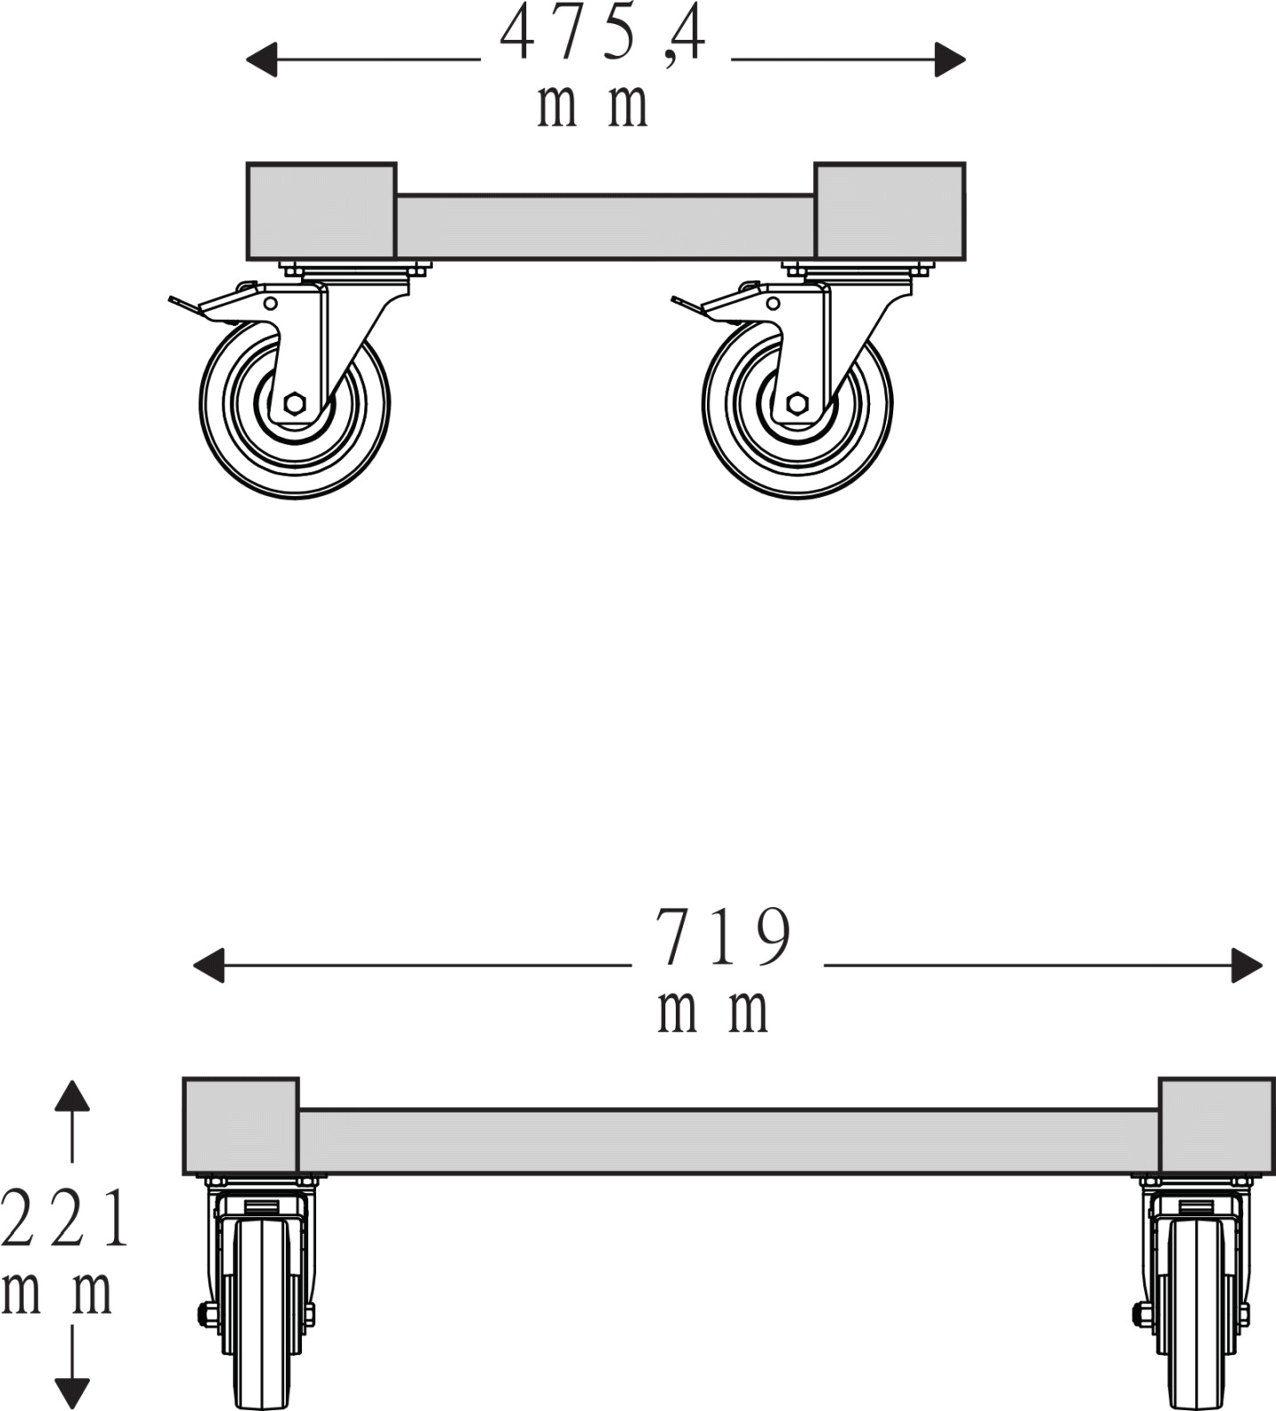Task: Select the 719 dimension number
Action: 722,937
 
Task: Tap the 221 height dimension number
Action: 65,1219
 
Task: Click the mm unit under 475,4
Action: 592,107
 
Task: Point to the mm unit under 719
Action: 712,1011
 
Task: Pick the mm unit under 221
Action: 57,1292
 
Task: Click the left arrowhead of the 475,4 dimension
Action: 261,60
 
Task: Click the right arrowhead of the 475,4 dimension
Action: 950,60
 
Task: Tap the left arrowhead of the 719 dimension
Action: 208,966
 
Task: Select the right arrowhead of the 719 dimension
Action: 1247,966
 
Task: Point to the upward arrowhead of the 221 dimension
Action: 72,1096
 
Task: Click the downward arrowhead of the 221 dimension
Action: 72,1394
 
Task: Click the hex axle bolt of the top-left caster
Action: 295,403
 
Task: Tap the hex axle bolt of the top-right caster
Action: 797,403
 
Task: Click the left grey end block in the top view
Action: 321,212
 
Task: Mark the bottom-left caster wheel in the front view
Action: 262,1314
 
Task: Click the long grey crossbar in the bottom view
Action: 728,1141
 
